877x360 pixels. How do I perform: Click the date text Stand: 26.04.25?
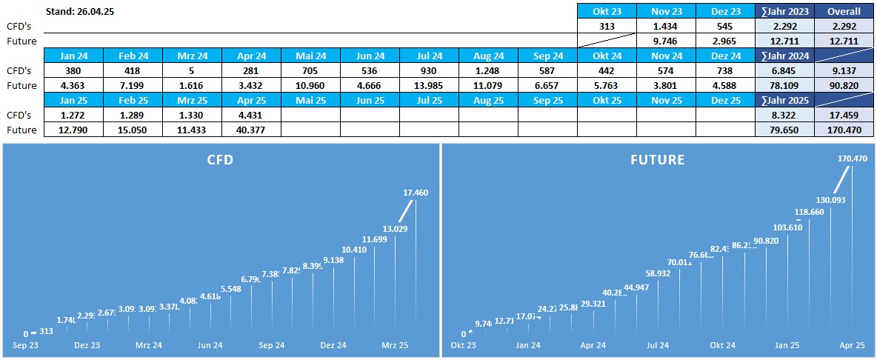85,11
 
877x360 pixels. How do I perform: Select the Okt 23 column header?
607,11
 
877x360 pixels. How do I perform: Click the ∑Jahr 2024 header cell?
784,56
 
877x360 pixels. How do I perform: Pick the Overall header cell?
844,11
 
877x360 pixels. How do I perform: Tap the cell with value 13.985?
429,85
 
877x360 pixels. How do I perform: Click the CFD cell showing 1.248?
488,70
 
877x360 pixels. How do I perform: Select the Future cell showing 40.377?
251,130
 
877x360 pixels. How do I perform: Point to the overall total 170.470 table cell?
844,130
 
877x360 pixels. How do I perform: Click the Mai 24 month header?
310,56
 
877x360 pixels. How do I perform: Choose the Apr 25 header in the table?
251,100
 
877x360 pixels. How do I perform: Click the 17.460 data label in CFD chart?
416,193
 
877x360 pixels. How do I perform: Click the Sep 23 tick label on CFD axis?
27,345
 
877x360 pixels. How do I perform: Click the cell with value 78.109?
784,85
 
